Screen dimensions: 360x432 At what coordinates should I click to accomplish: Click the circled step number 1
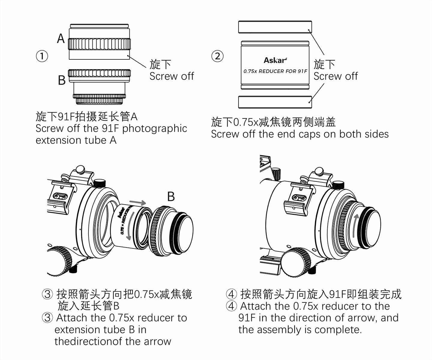[x=42, y=56]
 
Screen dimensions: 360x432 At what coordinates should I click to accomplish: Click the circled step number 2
[x=217, y=56]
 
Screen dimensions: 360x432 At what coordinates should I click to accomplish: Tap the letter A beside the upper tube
[x=61, y=39]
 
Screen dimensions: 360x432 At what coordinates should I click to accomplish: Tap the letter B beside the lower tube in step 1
[x=61, y=80]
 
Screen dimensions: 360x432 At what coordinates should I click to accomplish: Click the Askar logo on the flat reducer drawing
[x=275, y=60]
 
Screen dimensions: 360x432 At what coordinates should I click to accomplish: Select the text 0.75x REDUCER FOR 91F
[x=275, y=71]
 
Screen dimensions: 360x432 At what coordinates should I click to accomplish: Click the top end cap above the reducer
[x=275, y=27]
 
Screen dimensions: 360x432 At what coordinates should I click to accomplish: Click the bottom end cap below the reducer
[x=275, y=102]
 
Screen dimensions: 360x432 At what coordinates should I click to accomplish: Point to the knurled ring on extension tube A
[x=99, y=44]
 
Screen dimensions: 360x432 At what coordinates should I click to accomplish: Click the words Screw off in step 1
[x=172, y=76]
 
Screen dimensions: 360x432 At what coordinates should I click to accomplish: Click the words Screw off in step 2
[x=335, y=76]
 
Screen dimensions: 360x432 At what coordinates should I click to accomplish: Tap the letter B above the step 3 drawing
[x=171, y=197]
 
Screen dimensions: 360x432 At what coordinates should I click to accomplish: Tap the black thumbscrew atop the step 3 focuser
[x=100, y=183]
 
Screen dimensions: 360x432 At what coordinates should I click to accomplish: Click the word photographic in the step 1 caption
[x=154, y=128]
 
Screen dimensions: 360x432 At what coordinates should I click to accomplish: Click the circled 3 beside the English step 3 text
[x=47, y=318]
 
